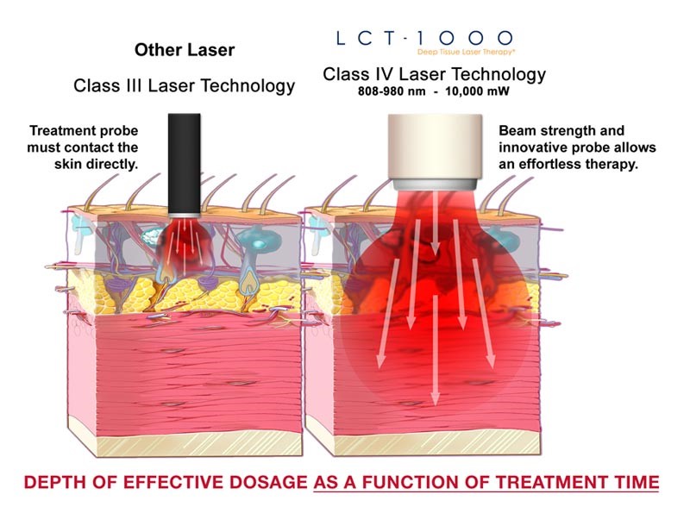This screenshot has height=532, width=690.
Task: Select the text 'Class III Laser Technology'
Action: pyautogui.click(x=184, y=85)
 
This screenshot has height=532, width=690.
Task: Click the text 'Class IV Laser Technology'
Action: pyautogui.click(x=434, y=75)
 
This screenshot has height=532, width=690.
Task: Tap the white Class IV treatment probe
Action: pyautogui.click(x=433, y=147)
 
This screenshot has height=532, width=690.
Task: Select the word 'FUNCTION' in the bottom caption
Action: pyautogui.click(x=419, y=481)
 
